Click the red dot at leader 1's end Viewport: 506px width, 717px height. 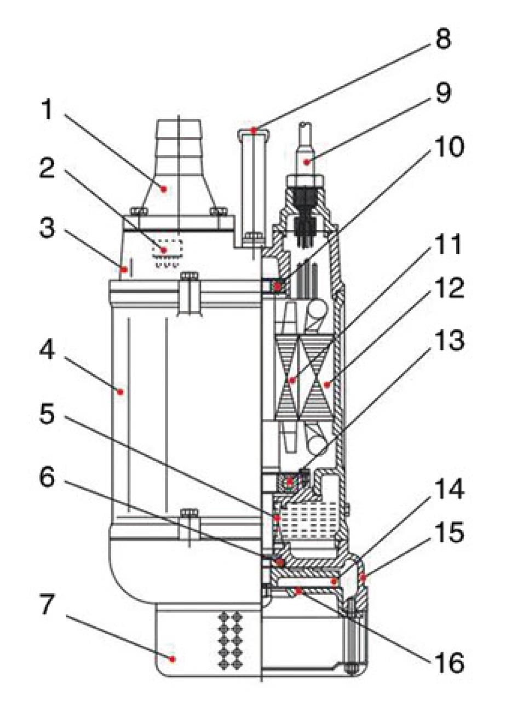coord(163,188)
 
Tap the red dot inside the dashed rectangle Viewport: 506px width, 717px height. coord(163,250)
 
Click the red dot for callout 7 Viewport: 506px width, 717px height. coord(173,659)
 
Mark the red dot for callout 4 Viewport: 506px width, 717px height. coord(120,392)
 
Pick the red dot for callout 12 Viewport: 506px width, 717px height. coord(327,385)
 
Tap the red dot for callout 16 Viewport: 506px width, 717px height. coord(298,590)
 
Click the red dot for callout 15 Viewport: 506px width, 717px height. coord(362,576)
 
